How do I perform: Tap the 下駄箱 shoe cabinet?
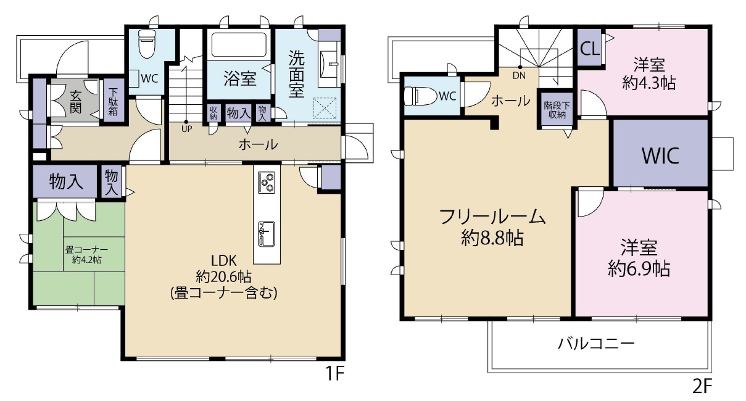tap(114, 102)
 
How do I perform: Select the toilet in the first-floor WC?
tap(147, 44)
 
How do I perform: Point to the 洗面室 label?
tap(297, 73)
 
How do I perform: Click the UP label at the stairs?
tap(186, 130)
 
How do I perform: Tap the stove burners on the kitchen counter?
tap(267, 182)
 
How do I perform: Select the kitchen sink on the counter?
tap(267, 233)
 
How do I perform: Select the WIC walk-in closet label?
tap(660, 155)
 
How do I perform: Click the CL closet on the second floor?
tap(589, 50)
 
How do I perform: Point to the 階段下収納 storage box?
tap(557, 110)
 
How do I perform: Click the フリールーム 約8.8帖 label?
tap(492, 227)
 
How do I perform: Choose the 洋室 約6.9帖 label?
tap(639, 258)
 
